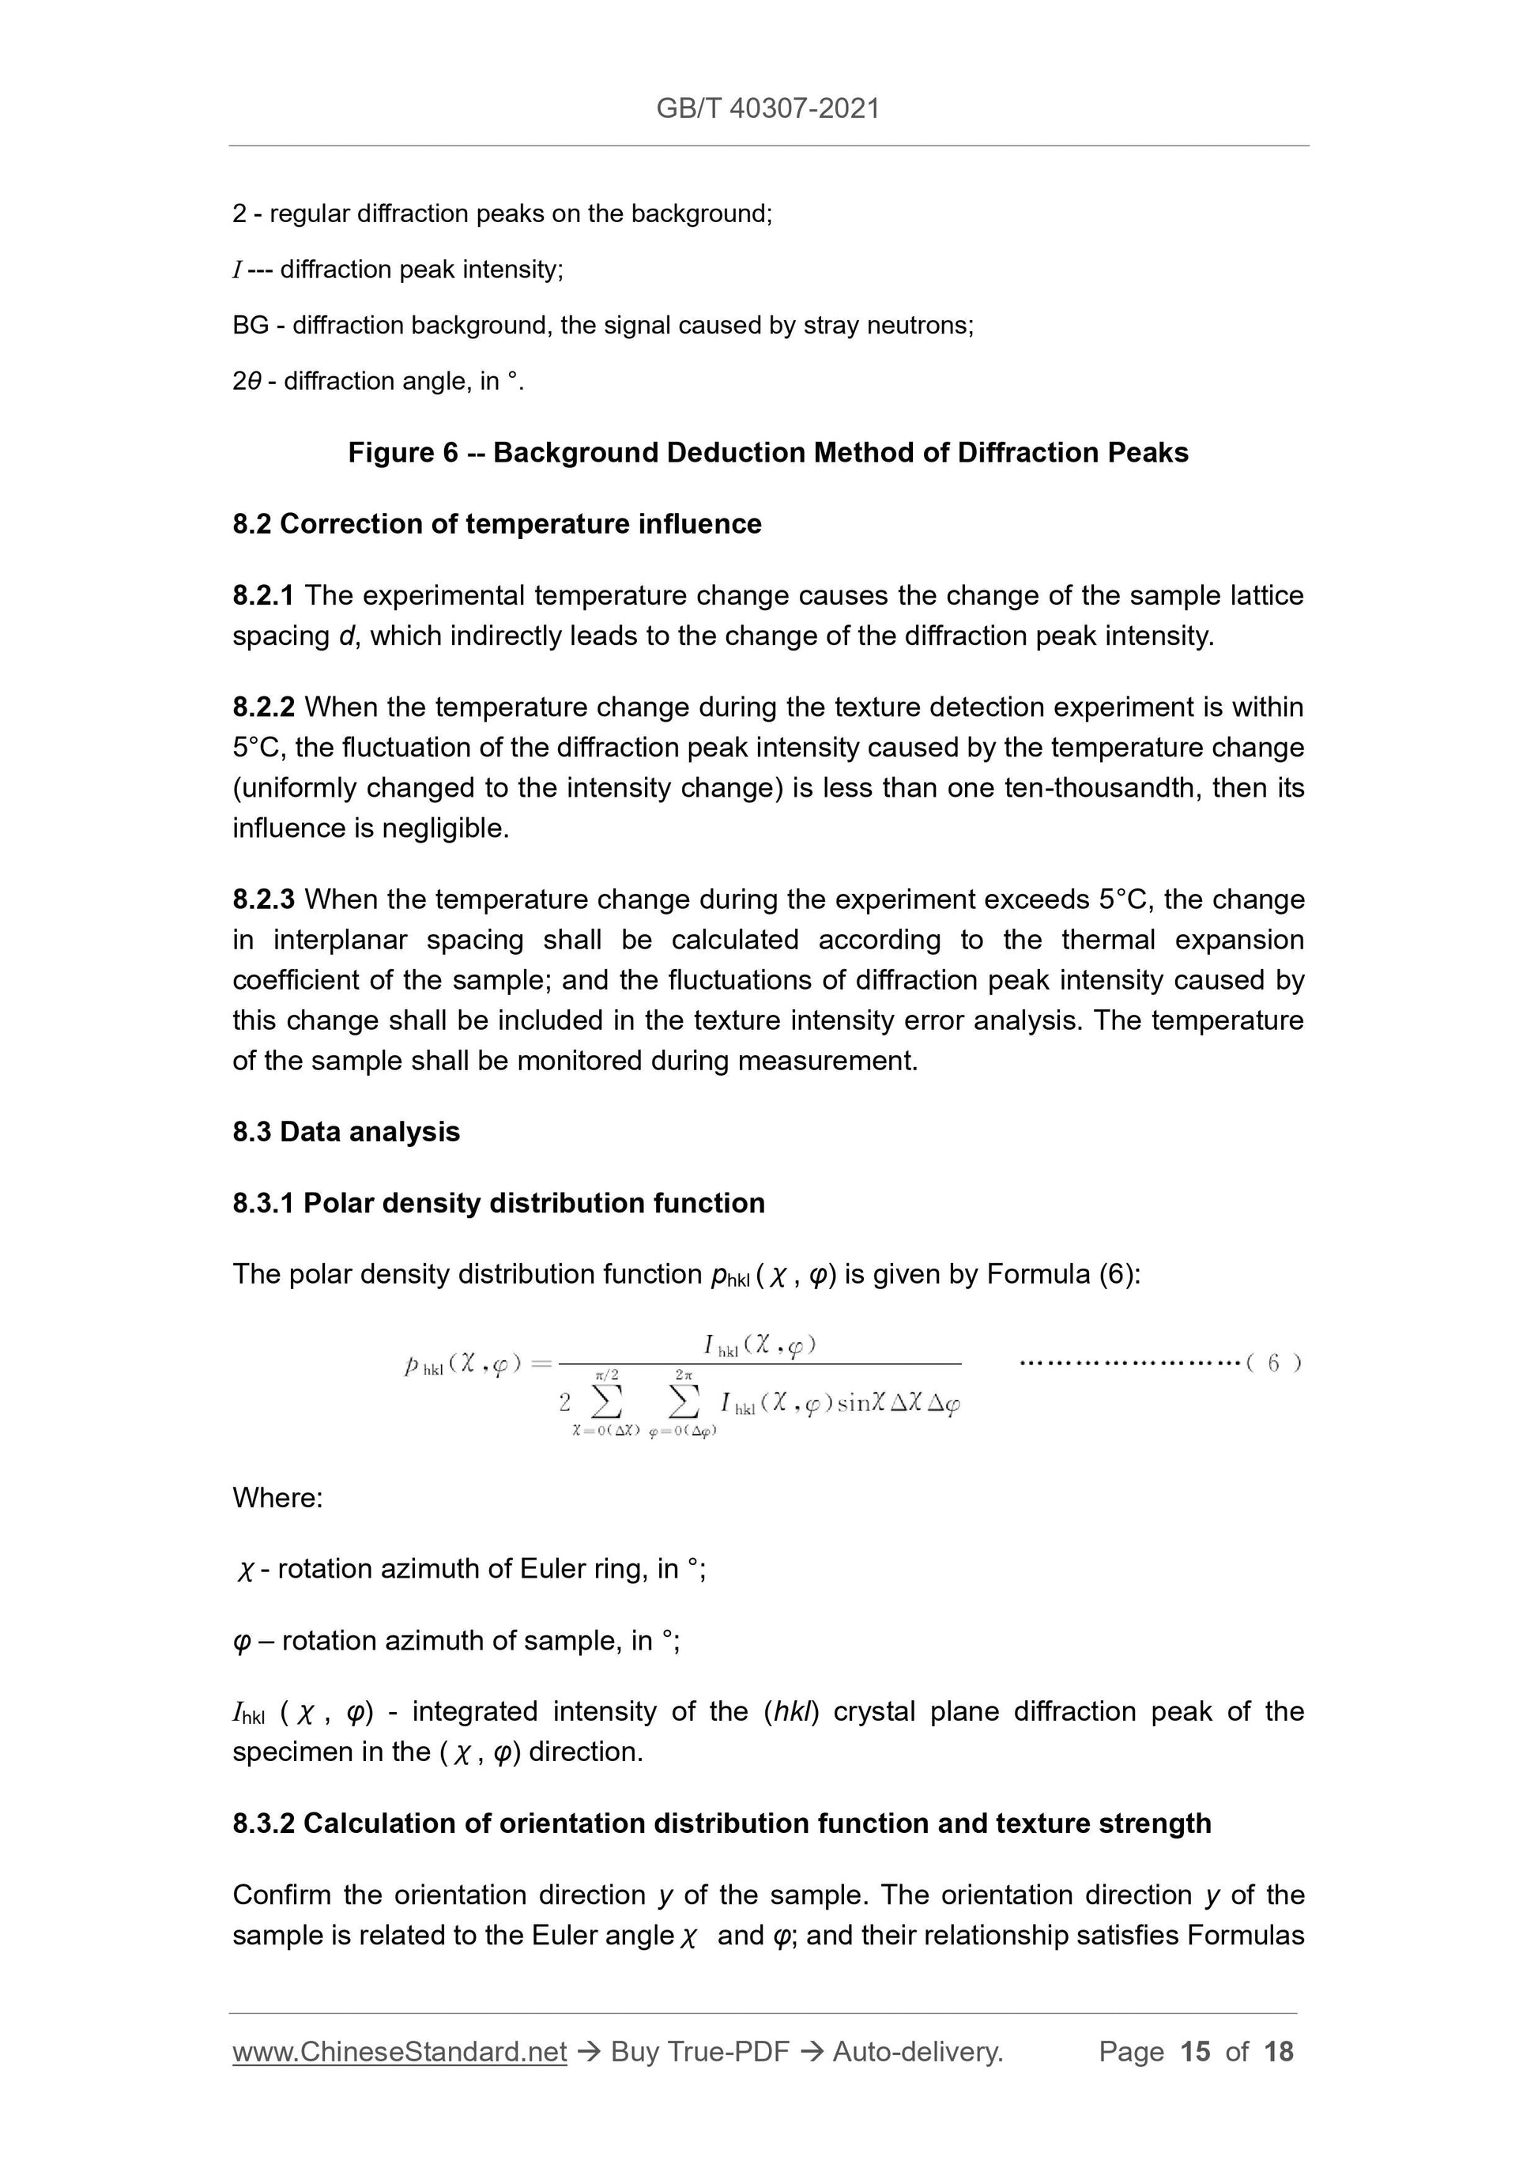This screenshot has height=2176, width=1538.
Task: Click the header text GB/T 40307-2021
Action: [x=767, y=108]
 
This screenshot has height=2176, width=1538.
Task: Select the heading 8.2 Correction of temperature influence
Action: [x=496, y=524]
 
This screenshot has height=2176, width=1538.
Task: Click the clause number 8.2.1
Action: [x=262, y=595]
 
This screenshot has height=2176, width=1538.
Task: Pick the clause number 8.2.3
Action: [x=262, y=899]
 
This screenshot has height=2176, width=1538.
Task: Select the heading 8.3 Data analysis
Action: [x=346, y=1132]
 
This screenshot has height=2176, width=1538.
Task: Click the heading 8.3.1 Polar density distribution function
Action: [x=499, y=1203]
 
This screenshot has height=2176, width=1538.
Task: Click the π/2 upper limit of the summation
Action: [x=606, y=1375]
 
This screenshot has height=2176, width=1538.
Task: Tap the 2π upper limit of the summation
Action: [x=683, y=1375]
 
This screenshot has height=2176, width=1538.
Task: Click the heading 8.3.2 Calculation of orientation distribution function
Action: [x=721, y=1823]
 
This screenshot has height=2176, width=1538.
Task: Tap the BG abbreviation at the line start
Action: [x=251, y=325]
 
